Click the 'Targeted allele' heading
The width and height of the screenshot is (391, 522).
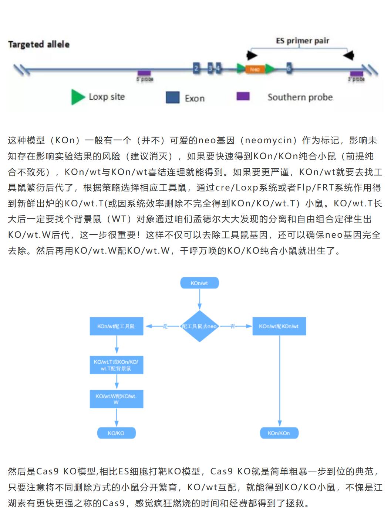tap(39, 45)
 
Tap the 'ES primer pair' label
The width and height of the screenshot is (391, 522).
tap(302, 41)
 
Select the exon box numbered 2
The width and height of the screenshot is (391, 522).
tap(197, 68)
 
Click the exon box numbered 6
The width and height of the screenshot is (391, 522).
tap(289, 68)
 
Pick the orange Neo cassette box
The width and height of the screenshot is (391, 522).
tap(255, 69)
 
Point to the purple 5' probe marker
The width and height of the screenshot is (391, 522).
tap(144, 73)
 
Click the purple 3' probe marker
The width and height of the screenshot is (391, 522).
tap(357, 74)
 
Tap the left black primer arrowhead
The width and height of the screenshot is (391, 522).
tap(252, 55)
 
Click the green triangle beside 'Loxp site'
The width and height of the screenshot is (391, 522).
tap(78, 97)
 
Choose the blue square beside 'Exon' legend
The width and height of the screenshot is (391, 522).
tap(172, 97)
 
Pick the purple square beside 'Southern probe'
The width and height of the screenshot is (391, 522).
tap(243, 96)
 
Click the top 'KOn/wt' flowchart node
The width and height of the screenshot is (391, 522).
tap(199, 283)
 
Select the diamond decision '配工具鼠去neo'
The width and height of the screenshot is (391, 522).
tap(199, 326)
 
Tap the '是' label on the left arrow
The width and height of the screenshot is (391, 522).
tap(165, 326)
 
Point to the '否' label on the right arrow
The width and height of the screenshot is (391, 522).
tap(233, 326)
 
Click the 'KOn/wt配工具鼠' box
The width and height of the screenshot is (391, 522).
tap(116, 326)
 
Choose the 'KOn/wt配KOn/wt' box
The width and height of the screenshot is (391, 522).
tap(279, 326)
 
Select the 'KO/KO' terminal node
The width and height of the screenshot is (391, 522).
tap(116, 433)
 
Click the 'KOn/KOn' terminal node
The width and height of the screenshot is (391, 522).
tap(279, 433)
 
